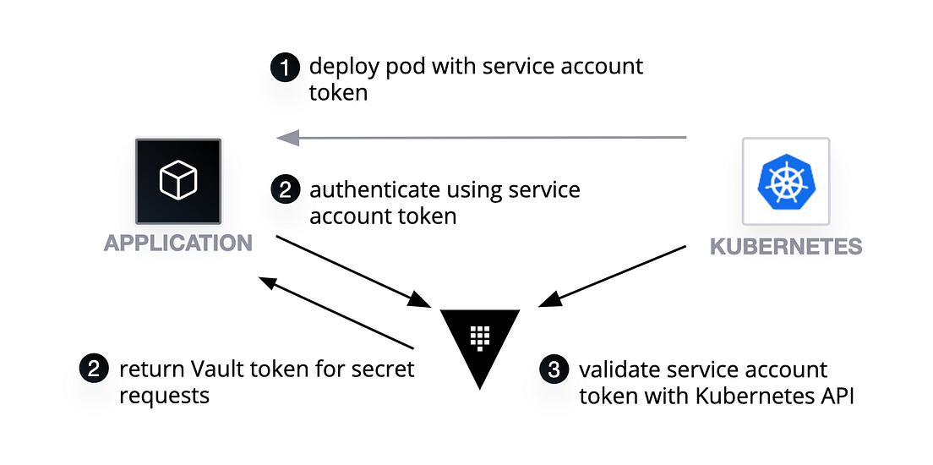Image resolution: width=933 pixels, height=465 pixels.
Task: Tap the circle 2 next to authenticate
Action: click(285, 190)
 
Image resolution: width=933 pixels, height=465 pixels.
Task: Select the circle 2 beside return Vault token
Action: click(94, 369)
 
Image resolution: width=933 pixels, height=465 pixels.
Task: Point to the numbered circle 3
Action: click(554, 369)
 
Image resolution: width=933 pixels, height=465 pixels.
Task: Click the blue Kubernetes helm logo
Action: click(785, 181)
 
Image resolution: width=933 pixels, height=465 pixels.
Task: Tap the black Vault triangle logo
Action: click(480, 339)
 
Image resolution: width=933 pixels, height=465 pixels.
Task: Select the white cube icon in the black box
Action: click(178, 181)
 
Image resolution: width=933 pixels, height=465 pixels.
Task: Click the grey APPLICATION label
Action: click(178, 243)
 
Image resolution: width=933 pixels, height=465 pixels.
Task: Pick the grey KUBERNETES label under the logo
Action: click(786, 246)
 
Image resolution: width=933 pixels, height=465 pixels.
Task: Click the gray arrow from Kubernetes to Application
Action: click(482, 136)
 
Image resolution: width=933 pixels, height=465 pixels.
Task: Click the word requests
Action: click(165, 396)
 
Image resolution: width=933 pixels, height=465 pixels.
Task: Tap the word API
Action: click(836, 396)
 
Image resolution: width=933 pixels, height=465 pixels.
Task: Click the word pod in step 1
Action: click(393, 67)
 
